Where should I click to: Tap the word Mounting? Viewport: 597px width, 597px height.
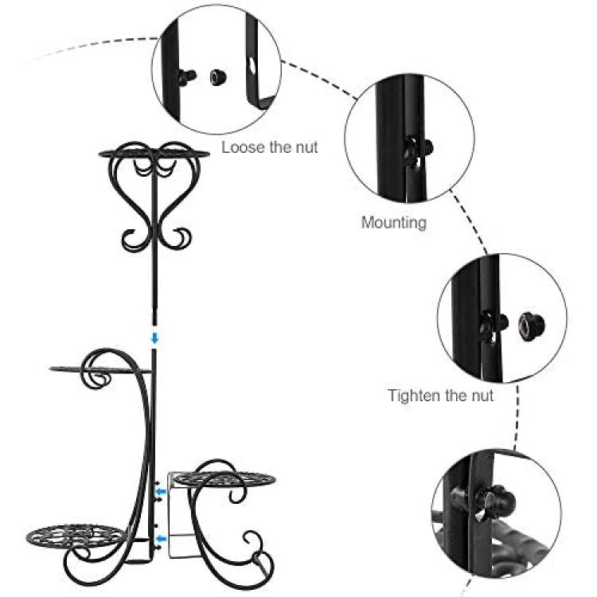[394, 223]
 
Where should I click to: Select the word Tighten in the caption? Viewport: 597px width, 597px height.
[413, 396]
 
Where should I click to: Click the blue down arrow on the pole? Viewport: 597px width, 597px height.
[154, 338]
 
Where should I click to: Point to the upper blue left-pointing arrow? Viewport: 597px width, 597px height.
[161, 492]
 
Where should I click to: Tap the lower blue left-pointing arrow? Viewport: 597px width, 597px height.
[162, 538]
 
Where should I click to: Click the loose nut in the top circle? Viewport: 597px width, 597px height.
[218, 77]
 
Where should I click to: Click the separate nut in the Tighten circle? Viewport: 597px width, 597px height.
[532, 326]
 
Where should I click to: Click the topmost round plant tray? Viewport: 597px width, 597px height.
[154, 154]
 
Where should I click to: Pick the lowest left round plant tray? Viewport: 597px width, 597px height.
[76, 536]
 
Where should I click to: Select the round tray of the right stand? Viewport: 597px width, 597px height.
[225, 479]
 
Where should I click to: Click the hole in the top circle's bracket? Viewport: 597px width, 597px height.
[252, 65]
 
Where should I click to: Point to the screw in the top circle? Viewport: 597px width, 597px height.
[187, 76]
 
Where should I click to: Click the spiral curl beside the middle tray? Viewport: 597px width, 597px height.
[96, 371]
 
